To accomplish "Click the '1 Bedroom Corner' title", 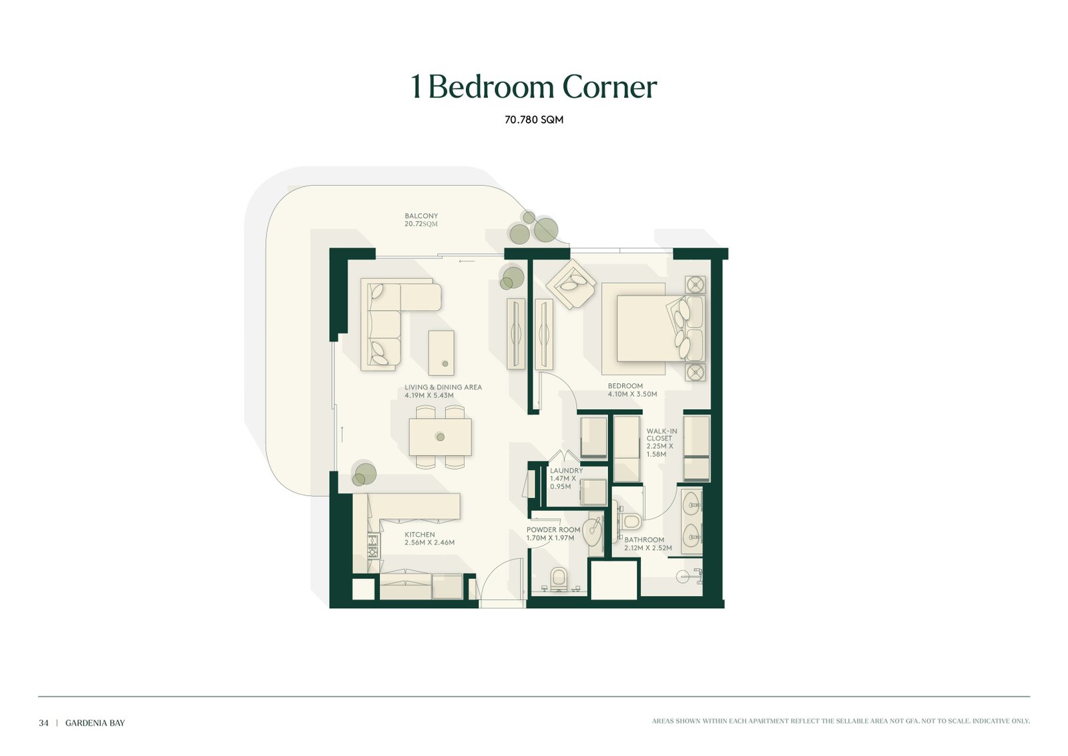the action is click(x=533, y=87).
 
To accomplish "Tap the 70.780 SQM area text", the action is click(x=534, y=120).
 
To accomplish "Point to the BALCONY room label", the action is click(x=421, y=216).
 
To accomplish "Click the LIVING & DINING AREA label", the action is click(x=443, y=387).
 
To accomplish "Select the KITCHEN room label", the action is click(x=420, y=535).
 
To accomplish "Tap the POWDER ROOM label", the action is click(x=553, y=530).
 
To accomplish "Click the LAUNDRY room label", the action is click(x=566, y=470).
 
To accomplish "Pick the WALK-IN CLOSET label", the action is click(x=661, y=435).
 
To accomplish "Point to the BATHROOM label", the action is click(x=644, y=540).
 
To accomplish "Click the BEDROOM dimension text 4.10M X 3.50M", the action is click(x=632, y=395).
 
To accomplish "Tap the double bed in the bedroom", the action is click(x=653, y=329).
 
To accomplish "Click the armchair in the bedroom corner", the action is click(x=571, y=285).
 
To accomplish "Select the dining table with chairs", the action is click(x=440, y=437).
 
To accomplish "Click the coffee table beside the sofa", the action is click(x=441, y=353).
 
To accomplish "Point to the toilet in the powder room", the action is click(x=558, y=579).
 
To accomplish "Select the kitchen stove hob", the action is click(x=372, y=546).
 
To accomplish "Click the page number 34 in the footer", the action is click(x=43, y=723).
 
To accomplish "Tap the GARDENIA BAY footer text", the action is click(x=95, y=723).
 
